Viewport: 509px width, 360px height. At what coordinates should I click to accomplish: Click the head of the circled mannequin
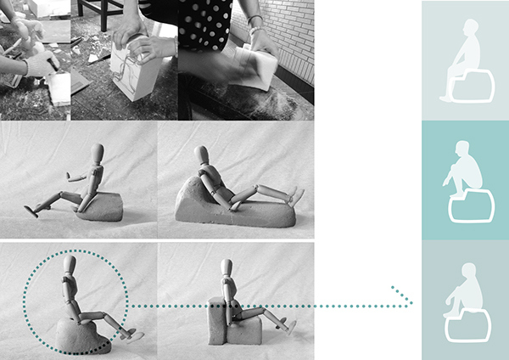pyautogui.click(x=70, y=264)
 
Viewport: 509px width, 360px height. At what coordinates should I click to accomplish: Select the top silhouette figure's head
pyautogui.click(x=466, y=29)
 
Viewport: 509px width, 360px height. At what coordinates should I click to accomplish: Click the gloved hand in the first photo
pyautogui.click(x=37, y=64)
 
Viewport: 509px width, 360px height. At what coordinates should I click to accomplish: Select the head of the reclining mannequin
pyautogui.click(x=201, y=156)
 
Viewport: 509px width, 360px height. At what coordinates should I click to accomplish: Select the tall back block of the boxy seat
pyautogui.click(x=218, y=321)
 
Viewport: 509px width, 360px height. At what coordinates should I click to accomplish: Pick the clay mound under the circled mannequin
pyautogui.click(x=80, y=335)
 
